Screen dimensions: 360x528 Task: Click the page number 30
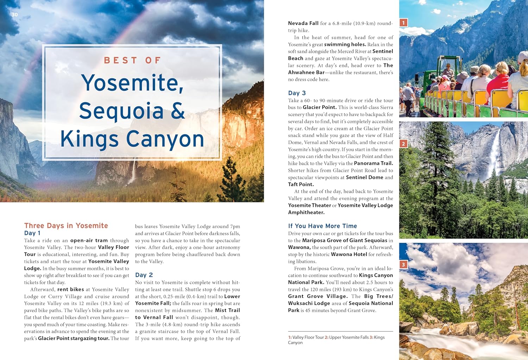pyautogui.click(x=14, y=14)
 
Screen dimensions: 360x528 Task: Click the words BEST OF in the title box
pyautogui.click(x=132, y=61)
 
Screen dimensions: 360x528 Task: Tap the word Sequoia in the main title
pyautogui.click(x=121, y=111)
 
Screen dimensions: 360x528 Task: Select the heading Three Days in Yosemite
pyautogui.click(x=66, y=225)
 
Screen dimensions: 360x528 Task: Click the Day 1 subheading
pyautogui.click(x=32, y=233)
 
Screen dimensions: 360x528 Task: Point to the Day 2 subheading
pyautogui.click(x=144, y=275)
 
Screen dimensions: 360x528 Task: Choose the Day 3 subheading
pyautogui.click(x=297, y=93)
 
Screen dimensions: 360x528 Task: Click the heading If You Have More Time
pyautogui.click(x=322, y=226)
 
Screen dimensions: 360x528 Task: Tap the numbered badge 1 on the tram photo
pyautogui.click(x=403, y=23)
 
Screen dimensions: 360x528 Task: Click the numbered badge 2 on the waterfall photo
pyautogui.click(x=403, y=144)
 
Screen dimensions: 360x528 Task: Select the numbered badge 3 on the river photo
pyautogui.click(x=403, y=265)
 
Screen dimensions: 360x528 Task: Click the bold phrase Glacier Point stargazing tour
pyautogui.click(x=74, y=338)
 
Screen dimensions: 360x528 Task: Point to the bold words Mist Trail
pyautogui.click(x=227, y=310)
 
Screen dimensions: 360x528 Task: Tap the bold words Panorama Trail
pyautogui.click(x=373, y=163)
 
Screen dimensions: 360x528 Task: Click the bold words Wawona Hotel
pyautogui.click(x=349, y=254)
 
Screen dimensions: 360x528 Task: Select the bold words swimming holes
pyautogui.click(x=345, y=44)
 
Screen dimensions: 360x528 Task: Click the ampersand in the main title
pyautogui.click(x=178, y=111)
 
